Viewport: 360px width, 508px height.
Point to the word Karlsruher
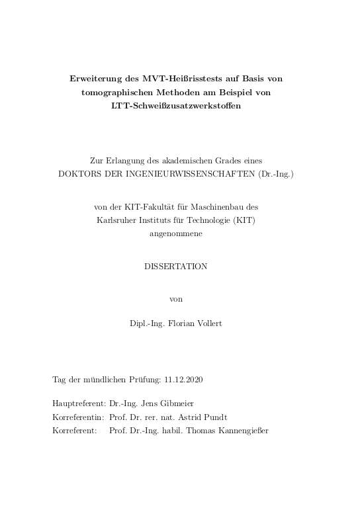[116, 220]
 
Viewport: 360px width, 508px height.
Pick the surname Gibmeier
[179, 402]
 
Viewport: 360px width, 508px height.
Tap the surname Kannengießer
[240, 431]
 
